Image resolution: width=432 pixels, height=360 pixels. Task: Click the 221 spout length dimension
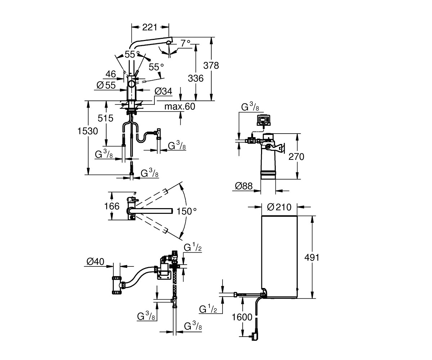[x=150, y=27]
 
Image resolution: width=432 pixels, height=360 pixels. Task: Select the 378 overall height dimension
[x=211, y=66]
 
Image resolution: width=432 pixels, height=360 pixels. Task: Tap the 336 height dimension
[x=195, y=78]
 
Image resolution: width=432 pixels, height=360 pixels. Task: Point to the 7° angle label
[x=185, y=43]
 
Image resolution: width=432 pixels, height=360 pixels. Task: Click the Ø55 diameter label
[x=106, y=85]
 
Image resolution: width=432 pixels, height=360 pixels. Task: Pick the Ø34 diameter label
[x=163, y=91]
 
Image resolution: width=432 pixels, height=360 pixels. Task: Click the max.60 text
[x=180, y=107]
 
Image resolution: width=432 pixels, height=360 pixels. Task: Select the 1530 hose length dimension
[x=87, y=131]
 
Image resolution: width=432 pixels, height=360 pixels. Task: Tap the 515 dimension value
[x=105, y=118]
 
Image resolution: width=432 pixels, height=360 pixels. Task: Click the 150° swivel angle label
[x=186, y=211]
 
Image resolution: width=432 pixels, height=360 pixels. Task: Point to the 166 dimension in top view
[x=112, y=206]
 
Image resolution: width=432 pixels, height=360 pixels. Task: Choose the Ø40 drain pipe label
[x=95, y=262]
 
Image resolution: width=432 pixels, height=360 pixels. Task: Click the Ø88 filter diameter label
[x=244, y=186]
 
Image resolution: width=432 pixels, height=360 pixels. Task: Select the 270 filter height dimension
[x=296, y=157]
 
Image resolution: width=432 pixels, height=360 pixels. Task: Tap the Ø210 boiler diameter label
[x=279, y=207]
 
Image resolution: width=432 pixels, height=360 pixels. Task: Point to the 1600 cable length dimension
[x=242, y=317]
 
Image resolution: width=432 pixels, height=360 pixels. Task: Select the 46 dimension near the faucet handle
[x=111, y=74]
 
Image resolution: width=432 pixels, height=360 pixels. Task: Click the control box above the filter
[x=264, y=120]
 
